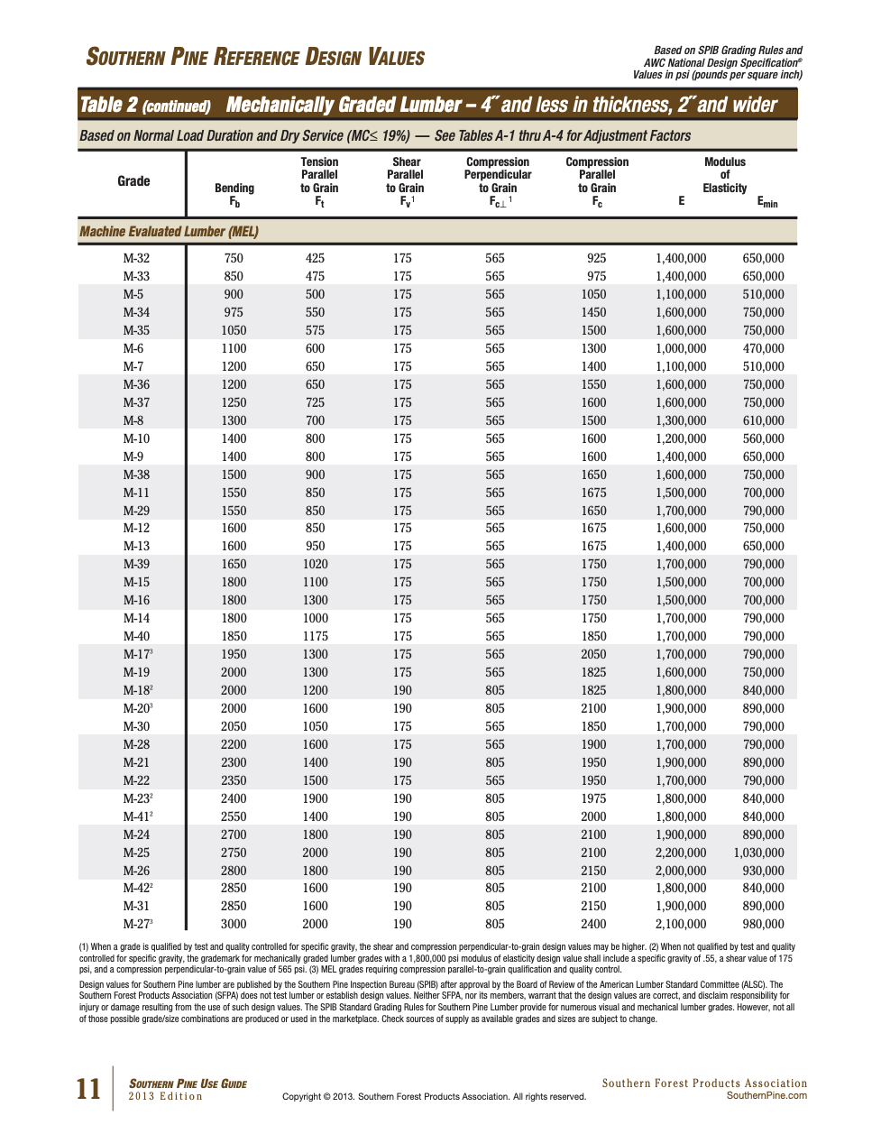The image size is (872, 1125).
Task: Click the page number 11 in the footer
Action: [88, 1089]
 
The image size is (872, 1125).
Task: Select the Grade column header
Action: [133, 181]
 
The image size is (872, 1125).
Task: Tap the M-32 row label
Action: [136, 258]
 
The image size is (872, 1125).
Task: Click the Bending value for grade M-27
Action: [234, 924]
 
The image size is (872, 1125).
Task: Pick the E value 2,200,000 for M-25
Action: [681, 853]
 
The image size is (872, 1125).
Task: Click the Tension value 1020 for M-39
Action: [315, 564]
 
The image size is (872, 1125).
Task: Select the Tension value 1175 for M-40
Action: [315, 636]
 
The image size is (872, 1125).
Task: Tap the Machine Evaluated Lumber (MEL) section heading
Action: [170, 232]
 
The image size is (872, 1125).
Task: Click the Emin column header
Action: [766, 202]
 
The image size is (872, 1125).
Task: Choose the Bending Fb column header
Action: [234, 194]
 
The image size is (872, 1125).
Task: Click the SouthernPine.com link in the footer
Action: [766, 1096]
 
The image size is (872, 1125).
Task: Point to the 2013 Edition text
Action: [165, 1097]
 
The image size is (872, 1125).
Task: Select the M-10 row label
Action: [136, 438]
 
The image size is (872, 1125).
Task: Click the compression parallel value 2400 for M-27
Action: [593, 924]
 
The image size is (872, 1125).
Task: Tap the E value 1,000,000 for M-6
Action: [681, 348]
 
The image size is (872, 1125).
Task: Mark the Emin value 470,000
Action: [763, 348]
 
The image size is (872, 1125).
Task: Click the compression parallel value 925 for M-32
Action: [596, 258]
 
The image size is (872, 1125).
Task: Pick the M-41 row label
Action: [137, 816]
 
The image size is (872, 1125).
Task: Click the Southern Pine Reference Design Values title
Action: [255, 58]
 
